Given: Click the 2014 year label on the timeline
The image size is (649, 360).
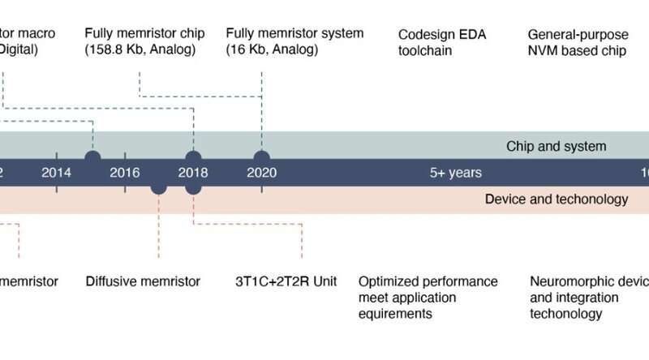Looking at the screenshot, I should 56,172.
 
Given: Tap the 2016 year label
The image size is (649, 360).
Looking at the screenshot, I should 125,172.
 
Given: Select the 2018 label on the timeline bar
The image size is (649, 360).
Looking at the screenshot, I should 193,172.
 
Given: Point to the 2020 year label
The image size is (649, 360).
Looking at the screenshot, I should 262,172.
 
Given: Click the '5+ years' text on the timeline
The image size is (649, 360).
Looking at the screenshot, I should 455,172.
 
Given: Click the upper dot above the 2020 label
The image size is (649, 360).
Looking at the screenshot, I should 261,157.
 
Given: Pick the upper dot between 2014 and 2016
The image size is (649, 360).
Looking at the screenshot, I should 92,157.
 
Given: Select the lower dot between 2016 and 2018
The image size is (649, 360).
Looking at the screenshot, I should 159,187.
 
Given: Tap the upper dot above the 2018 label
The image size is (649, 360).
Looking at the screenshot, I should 193,157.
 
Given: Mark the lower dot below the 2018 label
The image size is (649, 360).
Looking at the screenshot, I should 193,187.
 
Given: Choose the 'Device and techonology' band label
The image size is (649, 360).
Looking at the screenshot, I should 556,199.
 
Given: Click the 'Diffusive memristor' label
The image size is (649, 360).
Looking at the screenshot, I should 143,282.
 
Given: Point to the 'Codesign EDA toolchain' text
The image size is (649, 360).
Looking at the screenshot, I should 436,42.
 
